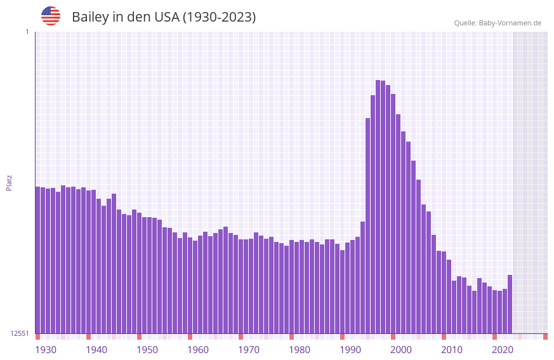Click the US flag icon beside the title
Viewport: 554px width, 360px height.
51,16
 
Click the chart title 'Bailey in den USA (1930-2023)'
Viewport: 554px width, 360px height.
164,17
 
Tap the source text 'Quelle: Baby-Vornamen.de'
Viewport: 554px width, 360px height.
498,23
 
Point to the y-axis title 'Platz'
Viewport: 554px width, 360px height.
9,182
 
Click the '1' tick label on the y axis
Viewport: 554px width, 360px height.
27,32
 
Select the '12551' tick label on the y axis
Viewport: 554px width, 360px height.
20,333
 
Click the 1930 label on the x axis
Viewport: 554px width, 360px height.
46,350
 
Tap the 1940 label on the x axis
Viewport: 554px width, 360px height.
96,350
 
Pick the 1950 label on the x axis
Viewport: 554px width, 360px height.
147,350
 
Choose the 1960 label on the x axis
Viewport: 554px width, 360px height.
198,350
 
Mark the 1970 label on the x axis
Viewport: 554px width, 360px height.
249,350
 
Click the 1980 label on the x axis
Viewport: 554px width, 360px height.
300,350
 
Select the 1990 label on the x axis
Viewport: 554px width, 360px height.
350,350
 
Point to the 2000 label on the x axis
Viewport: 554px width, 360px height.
401,350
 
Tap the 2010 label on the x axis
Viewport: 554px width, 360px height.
452,350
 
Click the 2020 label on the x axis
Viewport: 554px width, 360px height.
503,350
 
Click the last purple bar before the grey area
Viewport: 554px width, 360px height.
510,304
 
